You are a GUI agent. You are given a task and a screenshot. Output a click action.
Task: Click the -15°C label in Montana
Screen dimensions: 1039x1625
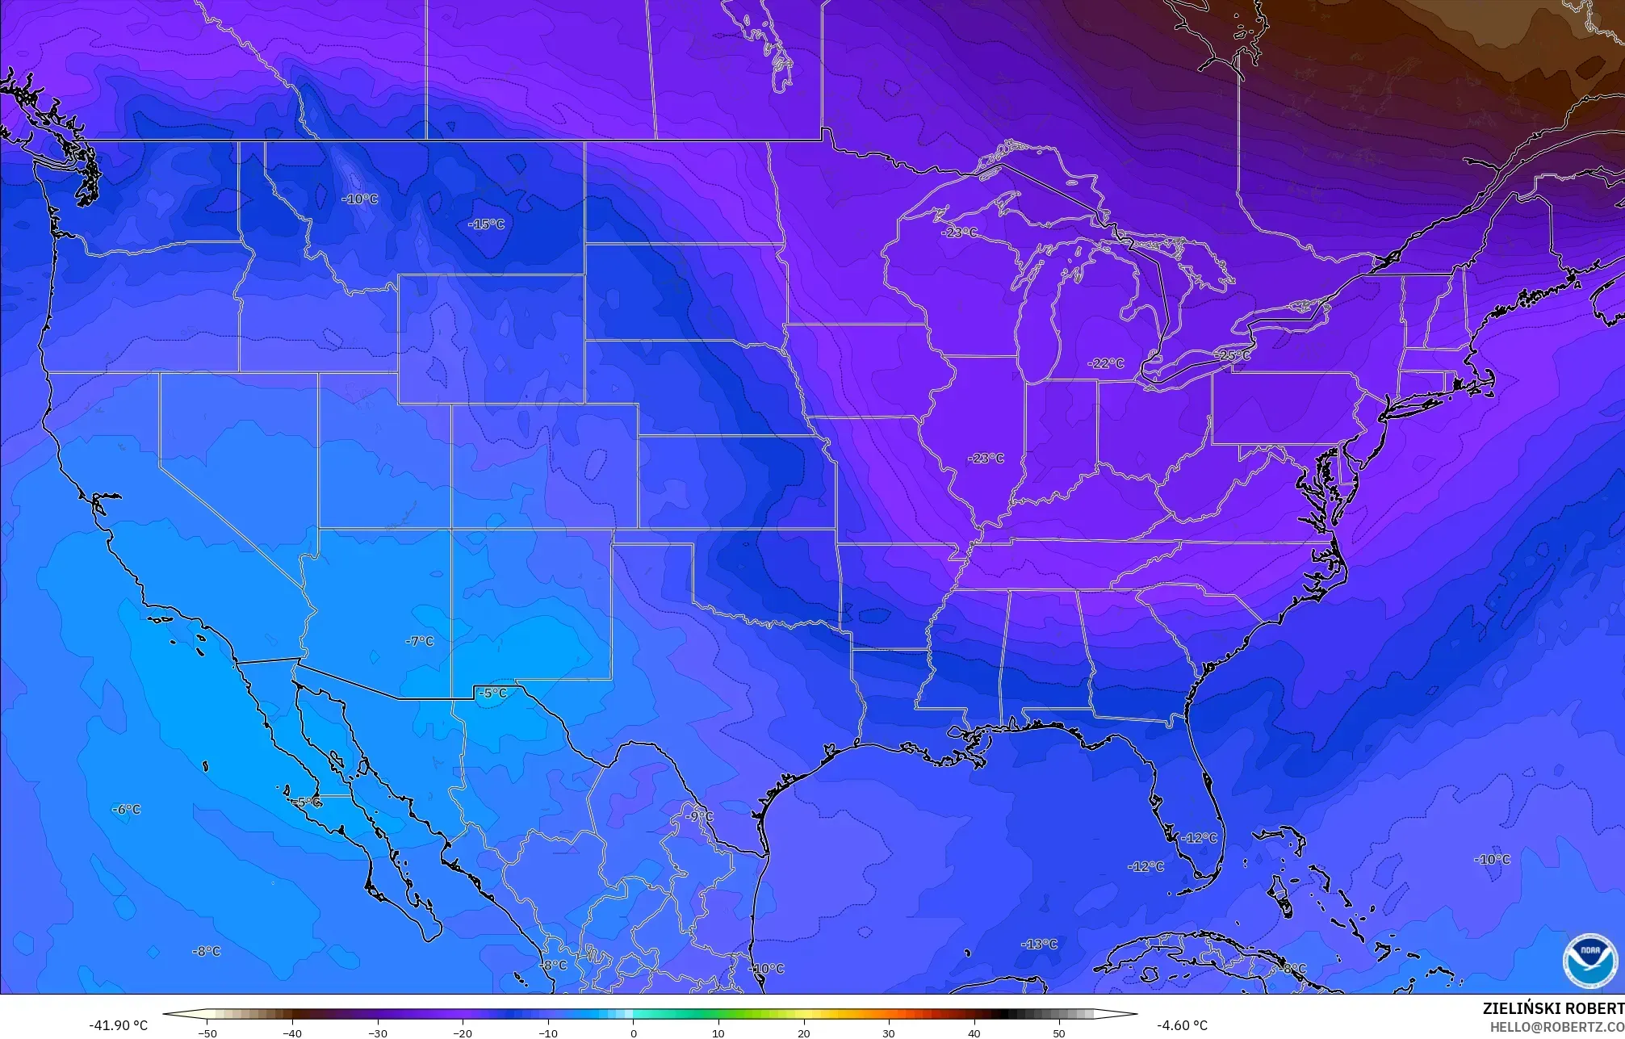[x=486, y=224]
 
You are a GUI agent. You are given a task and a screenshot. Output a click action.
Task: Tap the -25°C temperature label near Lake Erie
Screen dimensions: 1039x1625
[x=1232, y=354]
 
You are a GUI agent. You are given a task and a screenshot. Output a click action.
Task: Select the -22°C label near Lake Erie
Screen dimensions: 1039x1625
[x=1105, y=363]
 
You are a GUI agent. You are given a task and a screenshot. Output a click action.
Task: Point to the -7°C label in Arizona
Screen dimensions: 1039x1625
[x=419, y=641]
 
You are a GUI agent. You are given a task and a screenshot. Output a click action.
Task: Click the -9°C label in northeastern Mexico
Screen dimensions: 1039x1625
[x=699, y=816]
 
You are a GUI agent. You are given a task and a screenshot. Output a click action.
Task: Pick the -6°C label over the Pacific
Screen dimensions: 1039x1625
[x=126, y=809]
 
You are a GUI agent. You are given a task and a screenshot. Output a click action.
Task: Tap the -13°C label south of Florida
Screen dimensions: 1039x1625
[x=1039, y=944]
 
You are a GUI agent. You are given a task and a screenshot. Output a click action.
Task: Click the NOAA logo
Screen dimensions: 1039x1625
[x=1589, y=961]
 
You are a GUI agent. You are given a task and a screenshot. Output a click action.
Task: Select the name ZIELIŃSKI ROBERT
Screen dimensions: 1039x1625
[x=1552, y=1008]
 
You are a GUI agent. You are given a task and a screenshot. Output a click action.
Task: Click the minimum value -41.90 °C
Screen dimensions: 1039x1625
[x=118, y=1025]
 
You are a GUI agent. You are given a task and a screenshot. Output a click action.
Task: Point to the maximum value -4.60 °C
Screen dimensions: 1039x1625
[x=1182, y=1025]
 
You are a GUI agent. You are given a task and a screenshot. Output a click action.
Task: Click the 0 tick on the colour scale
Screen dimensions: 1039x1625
[x=634, y=1033]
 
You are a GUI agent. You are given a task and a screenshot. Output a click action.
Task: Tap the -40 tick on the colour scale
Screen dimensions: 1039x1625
[x=292, y=1033]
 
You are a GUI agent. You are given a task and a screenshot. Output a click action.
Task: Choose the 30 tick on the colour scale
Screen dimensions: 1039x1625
[x=889, y=1033]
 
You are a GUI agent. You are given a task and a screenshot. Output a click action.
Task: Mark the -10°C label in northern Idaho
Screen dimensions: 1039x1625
[x=359, y=199]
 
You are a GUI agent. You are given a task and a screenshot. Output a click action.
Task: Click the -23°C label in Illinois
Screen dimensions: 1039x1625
[x=986, y=458]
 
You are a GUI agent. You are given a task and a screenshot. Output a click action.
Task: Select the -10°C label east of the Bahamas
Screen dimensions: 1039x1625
[x=1492, y=859]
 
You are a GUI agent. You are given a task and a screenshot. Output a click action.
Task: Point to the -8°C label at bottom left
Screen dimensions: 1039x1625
[x=206, y=951]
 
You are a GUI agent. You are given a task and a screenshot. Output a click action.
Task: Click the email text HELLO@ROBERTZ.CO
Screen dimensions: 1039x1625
[x=1556, y=1027]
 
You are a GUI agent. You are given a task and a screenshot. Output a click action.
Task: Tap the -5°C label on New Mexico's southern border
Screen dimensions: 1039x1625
[x=492, y=693]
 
